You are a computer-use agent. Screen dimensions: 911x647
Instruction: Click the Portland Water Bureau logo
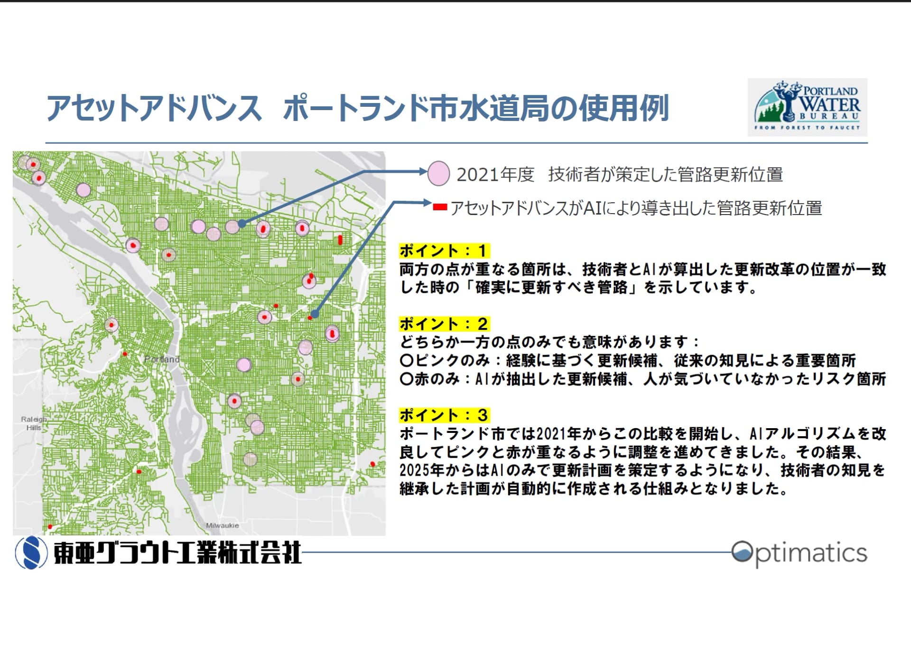pos(807,107)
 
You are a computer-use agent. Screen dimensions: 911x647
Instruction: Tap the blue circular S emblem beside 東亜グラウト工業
pos(31,553)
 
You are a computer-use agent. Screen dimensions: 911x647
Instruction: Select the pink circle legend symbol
pos(438,174)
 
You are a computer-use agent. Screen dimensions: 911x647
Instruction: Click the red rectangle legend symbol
pos(440,207)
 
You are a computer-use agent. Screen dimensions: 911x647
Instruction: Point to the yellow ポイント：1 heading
pos(444,250)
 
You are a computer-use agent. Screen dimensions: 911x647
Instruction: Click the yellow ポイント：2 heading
pos(444,324)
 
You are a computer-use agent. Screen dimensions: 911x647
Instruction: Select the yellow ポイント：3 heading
pos(444,415)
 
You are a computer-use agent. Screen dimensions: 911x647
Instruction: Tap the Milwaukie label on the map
pos(223,525)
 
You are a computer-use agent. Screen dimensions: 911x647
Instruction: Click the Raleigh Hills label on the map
pos(34,423)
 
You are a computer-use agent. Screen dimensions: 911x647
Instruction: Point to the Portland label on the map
pos(162,359)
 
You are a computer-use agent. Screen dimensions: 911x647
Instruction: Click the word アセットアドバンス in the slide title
pos(154,109)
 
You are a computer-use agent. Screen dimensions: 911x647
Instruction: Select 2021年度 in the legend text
pos(495,175)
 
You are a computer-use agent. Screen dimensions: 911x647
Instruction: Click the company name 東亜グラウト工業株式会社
pos(177,553)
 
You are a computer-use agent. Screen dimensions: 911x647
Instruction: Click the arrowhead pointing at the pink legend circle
pos(423,171)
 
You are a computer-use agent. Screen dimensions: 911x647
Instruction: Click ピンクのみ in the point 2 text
pos(453,360)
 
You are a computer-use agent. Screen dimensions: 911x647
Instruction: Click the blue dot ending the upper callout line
pos(242,223)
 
